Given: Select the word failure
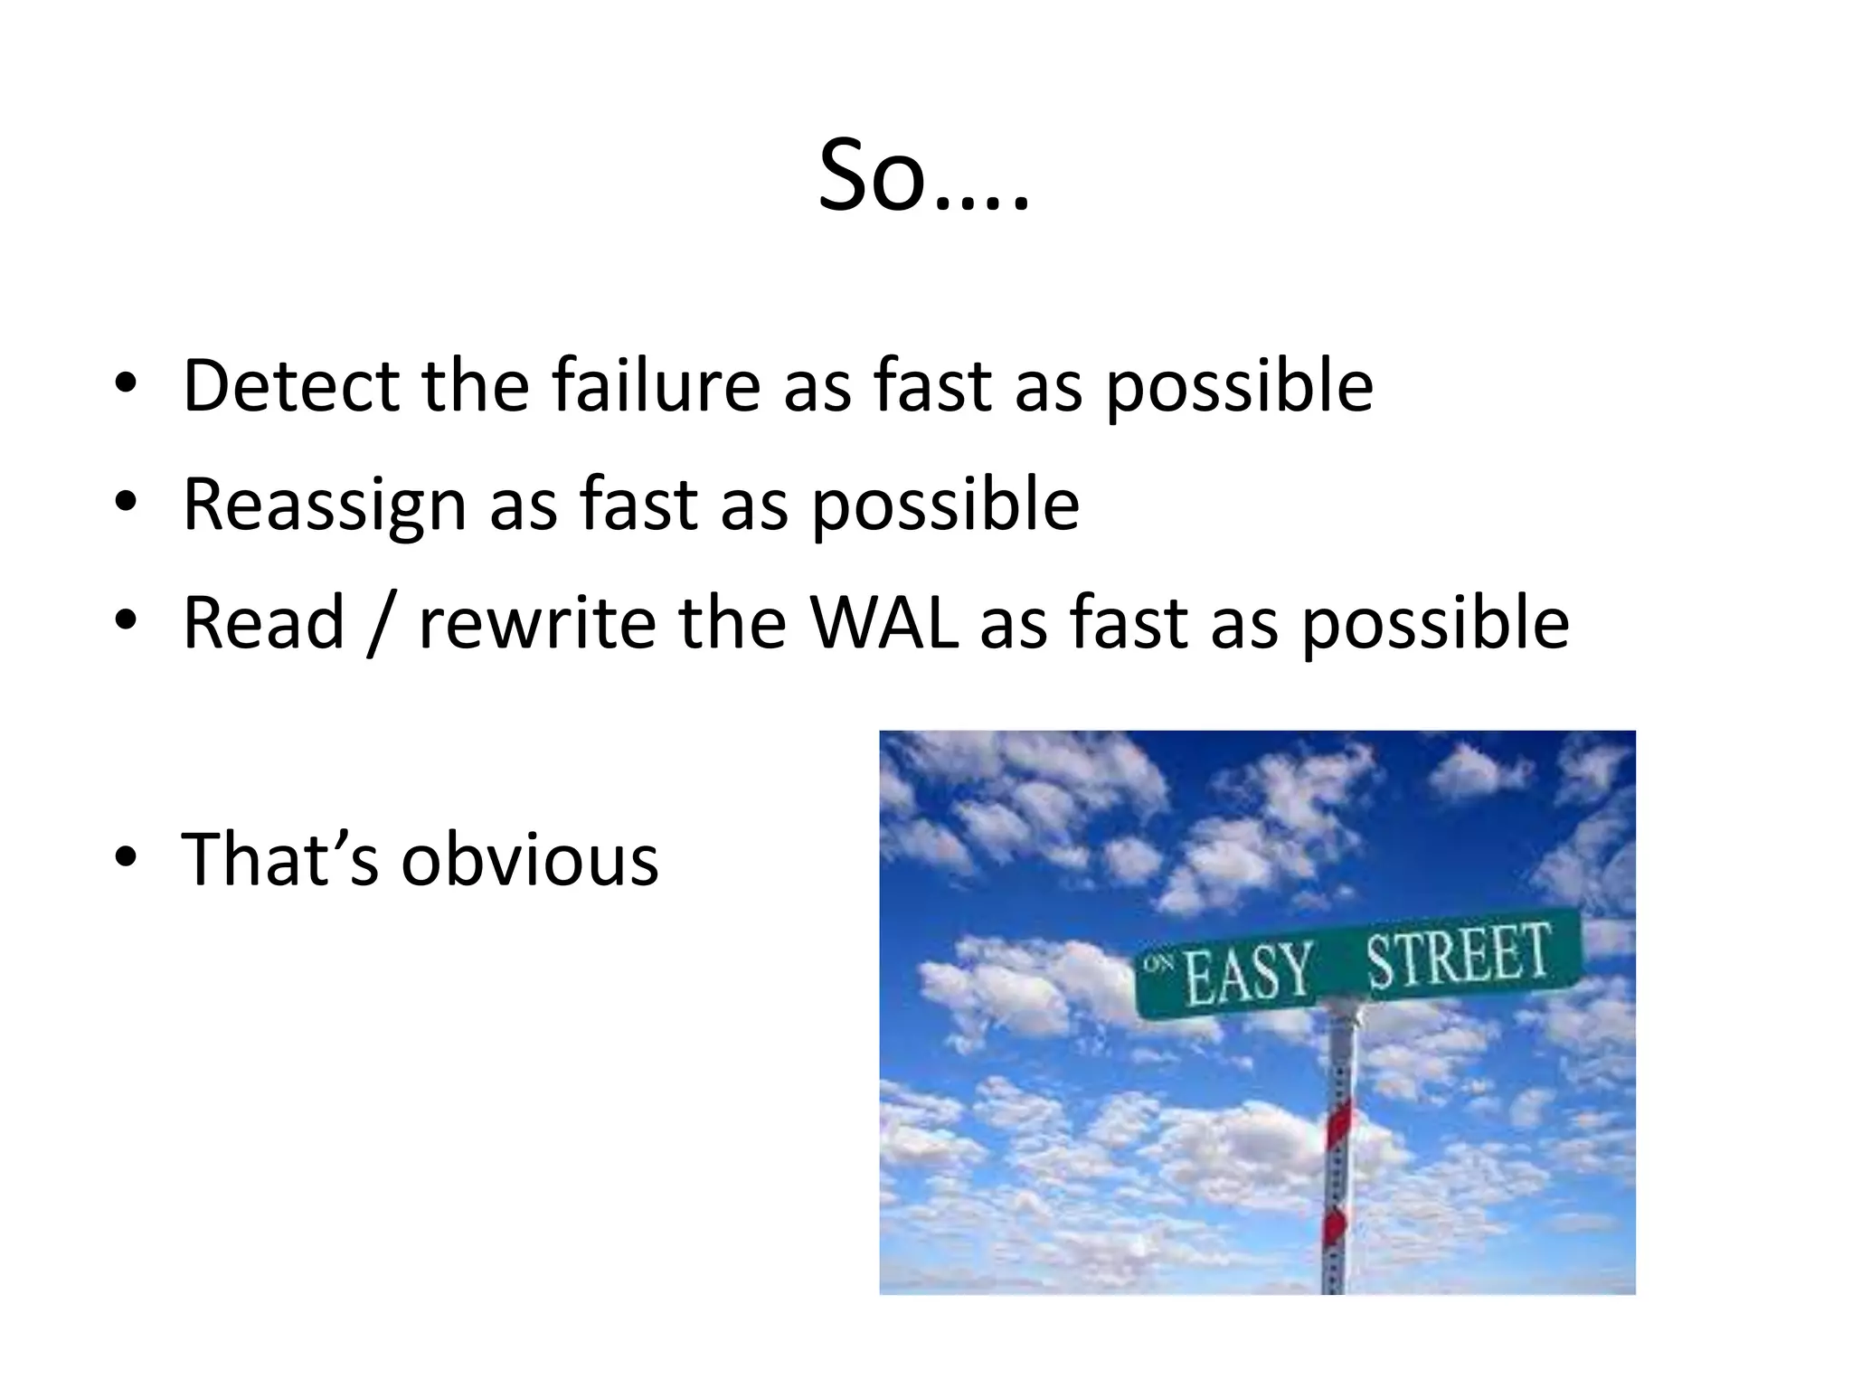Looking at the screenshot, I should click(x=657, y=386).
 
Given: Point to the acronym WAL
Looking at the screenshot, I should click(x=884, y=623).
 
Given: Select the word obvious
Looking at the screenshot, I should click(x=530, y=859).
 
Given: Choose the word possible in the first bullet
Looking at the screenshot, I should click(x=1239, y=386).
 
